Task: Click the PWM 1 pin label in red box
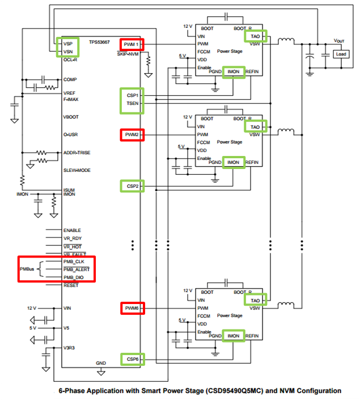[132, 44]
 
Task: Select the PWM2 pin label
[132, 135]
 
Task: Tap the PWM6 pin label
[132, 308]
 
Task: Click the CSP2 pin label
[132, 185]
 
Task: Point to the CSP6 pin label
[132, 358]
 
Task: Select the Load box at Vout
[340, 54]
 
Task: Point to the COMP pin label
[70, 79]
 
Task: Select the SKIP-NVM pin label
[129, 54]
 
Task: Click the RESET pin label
[71, 285]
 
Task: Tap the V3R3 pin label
[70, 348]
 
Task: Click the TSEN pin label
[132, 104]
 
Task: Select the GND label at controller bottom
[101, 362]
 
